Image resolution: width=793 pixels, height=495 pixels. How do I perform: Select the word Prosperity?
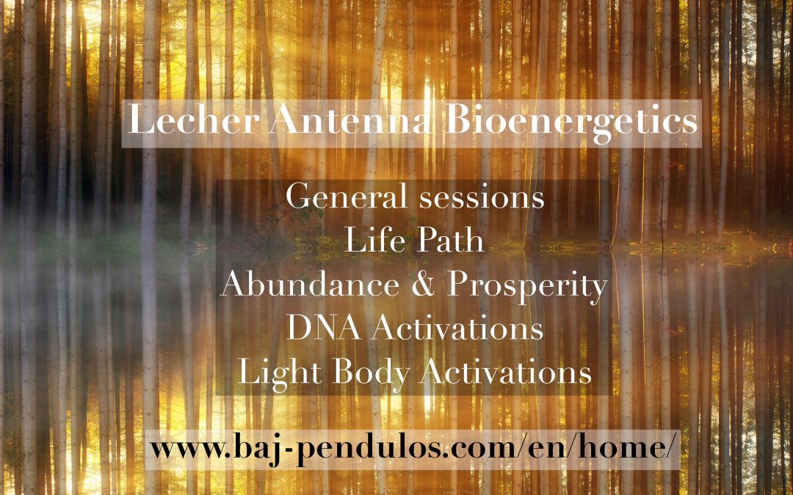point(526,287)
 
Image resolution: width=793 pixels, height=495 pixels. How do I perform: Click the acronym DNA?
point(323,328)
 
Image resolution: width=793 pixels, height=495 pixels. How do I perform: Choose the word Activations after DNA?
point(457,328)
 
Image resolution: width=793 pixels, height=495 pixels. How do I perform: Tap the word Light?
point(280,374)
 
